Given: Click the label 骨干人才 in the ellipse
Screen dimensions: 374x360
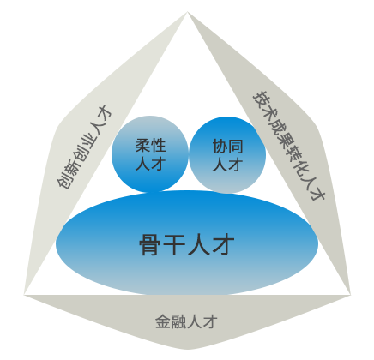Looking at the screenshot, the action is (187, 244).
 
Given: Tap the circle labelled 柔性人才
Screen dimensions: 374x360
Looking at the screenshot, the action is (150, 154).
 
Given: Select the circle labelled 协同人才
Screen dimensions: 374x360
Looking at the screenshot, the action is (227, 155).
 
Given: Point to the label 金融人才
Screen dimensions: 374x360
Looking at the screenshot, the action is (186, 321).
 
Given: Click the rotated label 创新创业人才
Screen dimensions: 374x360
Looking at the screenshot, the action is (84, 147).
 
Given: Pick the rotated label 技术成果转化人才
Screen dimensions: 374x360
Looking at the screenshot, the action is (289, 146).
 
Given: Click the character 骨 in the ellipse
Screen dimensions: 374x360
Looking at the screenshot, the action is (151, 244).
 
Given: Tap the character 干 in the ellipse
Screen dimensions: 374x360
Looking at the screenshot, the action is (175, 244).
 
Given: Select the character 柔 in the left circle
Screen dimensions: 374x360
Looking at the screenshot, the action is (142, 146).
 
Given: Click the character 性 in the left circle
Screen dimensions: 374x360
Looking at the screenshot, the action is (158, 146).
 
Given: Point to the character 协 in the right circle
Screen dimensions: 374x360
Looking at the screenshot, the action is (220, 147).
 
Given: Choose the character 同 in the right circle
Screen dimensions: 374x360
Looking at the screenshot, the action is (236, 147).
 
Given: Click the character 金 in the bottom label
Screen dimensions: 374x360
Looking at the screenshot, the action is (163, 321).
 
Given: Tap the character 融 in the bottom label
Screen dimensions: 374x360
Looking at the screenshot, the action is (178, 321).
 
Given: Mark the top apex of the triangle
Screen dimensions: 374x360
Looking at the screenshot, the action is (187, 12).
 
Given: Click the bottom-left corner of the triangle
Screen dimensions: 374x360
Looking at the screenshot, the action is (24, 295).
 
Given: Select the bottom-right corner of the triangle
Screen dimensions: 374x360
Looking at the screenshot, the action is (351, 295).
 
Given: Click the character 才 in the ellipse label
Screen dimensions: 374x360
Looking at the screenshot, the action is (223, 244).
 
